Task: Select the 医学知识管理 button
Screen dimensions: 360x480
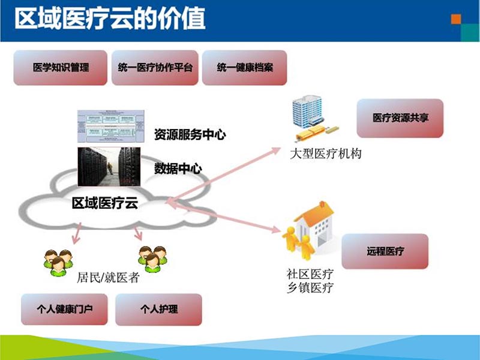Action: point(61,67)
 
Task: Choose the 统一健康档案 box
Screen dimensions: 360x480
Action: point(245,67)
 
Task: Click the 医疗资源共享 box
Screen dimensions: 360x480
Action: point(400,118)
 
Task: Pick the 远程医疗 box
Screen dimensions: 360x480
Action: point(385,251)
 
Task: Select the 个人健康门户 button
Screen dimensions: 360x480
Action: point(64,310)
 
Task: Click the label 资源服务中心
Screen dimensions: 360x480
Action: point(190,134)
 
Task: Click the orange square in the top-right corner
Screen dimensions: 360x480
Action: point(456,19)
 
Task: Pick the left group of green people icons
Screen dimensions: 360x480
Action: point(58,262)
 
